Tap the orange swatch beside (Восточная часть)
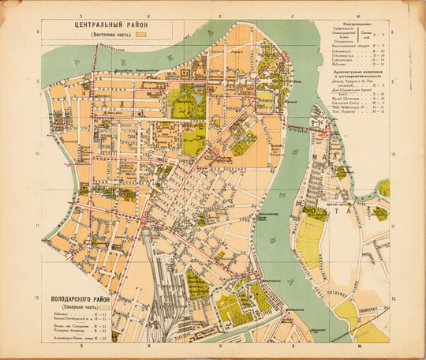(143, 36)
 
